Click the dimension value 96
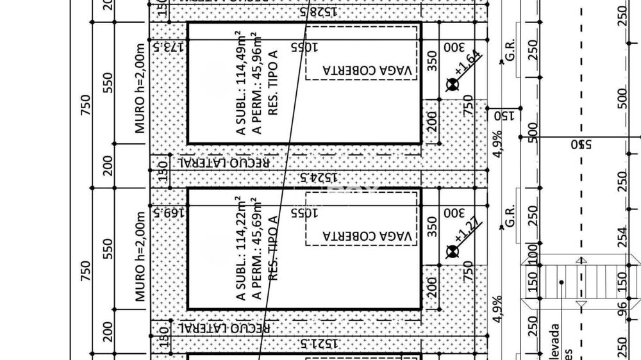coord(620,309)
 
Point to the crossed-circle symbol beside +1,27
coord(453,250)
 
